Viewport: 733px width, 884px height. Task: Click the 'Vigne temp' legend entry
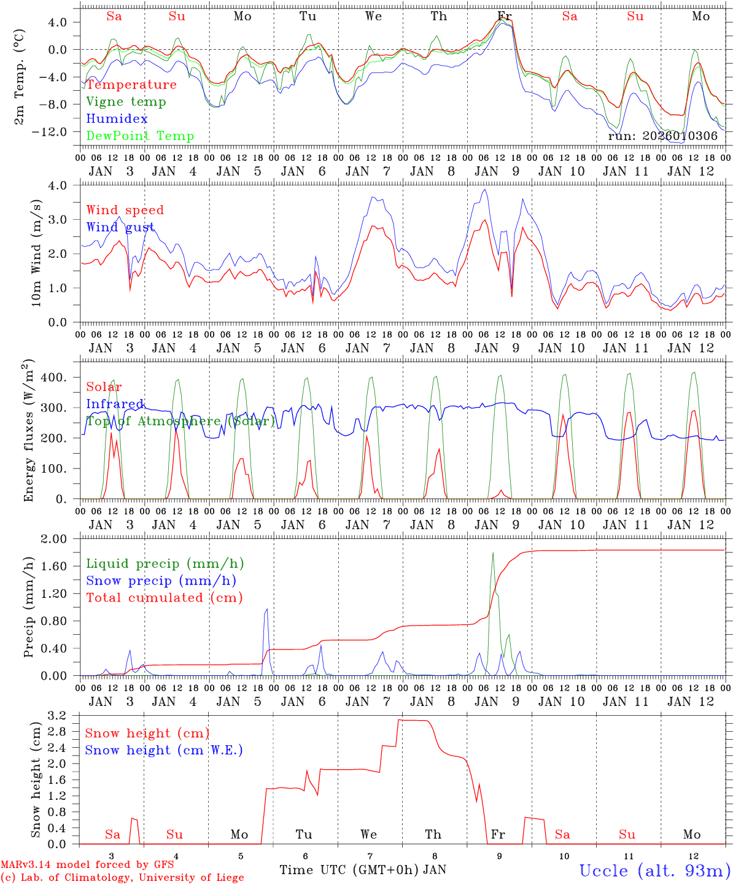coord(126,102)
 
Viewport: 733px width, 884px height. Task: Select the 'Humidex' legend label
coord(117,119)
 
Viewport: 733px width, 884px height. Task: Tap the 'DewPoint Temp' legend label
coord(140,136)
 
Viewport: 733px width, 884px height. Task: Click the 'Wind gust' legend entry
coord(120,227)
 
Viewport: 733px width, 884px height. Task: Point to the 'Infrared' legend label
coord(115,404)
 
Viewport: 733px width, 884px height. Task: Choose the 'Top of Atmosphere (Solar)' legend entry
coord(180,421)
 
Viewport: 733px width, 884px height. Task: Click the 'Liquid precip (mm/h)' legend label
coord(165,564)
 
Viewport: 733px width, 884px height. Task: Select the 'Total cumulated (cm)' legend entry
coord(164,597)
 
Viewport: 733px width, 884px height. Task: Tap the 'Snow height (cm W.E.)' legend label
coord(164,750)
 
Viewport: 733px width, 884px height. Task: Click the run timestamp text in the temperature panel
coord(662,136)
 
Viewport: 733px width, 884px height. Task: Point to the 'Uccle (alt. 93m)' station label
coord(655,870)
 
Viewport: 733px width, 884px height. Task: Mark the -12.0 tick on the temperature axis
coord(58,131)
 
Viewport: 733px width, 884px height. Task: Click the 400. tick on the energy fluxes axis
coord(53,378)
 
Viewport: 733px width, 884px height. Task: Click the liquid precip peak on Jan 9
coord(492,553)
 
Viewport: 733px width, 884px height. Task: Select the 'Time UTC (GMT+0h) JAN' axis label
coord(362,870)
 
